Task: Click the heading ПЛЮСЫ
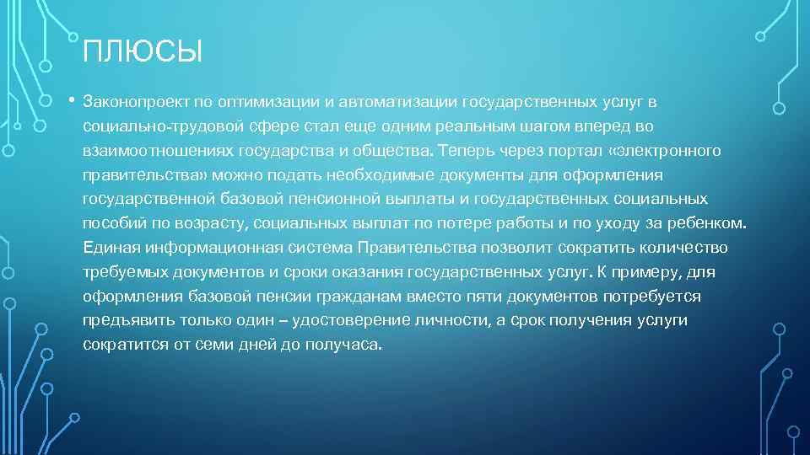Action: tap(143, 53)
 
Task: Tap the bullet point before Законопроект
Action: tap(73, 101)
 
